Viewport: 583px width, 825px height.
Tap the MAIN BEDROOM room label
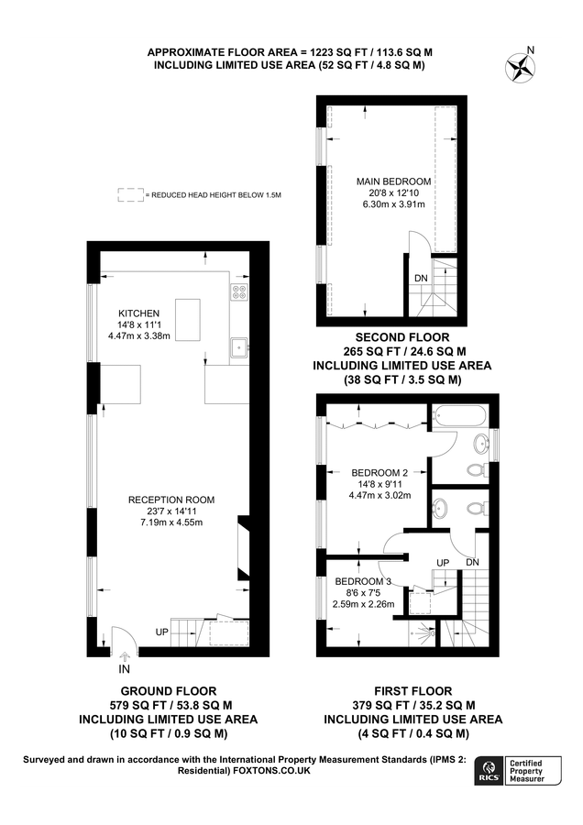393,181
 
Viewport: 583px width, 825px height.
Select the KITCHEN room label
138,313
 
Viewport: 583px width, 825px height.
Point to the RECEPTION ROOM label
171,500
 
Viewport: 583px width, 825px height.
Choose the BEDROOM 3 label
363,581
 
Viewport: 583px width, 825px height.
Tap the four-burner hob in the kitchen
240,292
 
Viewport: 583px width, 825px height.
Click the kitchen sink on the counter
239,346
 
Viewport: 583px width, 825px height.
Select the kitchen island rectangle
187,319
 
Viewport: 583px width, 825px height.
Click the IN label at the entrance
125,669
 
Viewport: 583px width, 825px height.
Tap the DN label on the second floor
421,278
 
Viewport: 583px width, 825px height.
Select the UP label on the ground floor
161,632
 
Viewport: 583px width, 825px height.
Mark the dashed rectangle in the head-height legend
131,195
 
